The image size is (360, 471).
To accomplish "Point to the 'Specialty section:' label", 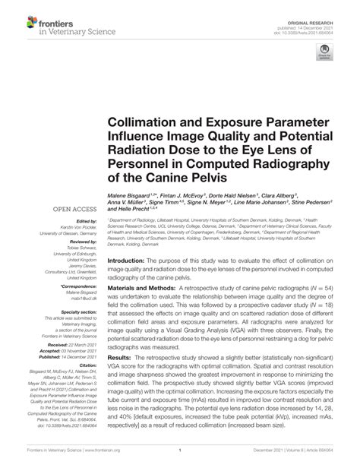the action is pos(74,311).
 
